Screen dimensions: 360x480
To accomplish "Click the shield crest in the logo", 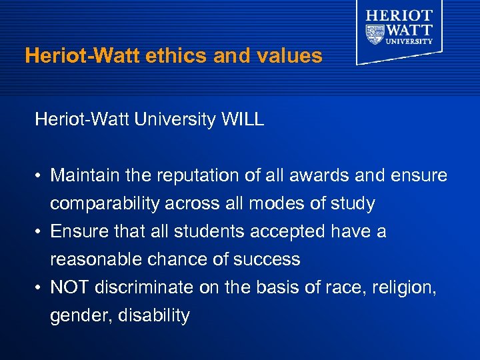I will [x=376, y=33].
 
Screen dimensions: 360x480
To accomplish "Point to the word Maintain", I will [x=83, y=175].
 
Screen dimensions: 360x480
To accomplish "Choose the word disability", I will [x=153, y=315].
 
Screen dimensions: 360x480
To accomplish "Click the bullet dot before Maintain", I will [x=40, y=176].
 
